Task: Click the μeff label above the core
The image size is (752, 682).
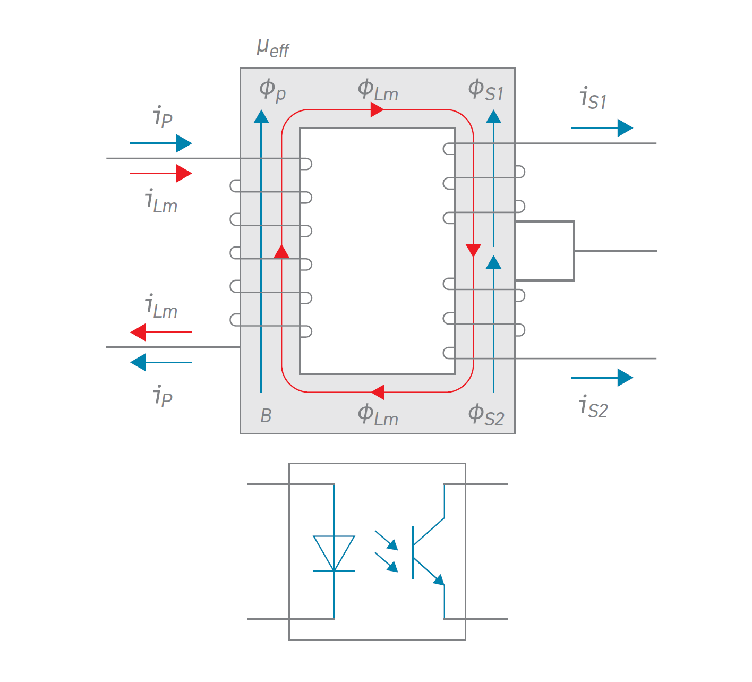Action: pyautogui.click(x=272, y=48)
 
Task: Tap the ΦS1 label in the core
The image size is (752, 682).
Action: pyautogui.click(x=485, y=90)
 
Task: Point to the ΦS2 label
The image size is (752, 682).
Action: pyautogui.click(x=485, y=414)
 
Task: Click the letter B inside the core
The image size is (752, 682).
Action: pyautogui.click(x=266, y=416)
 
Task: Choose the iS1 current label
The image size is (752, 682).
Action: pyautogui.click(x=593, y=99)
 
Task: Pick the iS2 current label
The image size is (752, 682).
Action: pyautogui.click(x=593, y=407)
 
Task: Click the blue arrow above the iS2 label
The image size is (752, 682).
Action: pyautogui.click(x=602, y=378)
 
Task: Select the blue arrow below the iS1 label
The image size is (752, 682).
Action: pyautogui.click(x=602, y=128)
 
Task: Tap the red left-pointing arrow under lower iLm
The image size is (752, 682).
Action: pyautogui.click(x=161, y=333)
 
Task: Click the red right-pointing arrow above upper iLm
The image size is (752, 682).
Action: pyautogui.click(x=161, y=173)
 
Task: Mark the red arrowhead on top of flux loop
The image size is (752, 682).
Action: pyautogui.click(x=377, y=110)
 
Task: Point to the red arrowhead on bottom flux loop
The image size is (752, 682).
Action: pyautogui.click(x=378, y=393)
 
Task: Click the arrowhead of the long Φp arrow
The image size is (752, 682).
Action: pyautogui.click(x=261, y=116)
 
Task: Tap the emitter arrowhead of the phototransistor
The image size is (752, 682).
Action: pyautogui.click(x=439, y=580)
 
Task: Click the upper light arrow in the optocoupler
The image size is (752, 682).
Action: pyautogui.click(x=386, y=540)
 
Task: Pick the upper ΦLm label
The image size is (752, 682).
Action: pyautogui.click(x=378, y=90)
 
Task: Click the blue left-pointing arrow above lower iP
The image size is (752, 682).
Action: pyautogui.click(x=161, y=363)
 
